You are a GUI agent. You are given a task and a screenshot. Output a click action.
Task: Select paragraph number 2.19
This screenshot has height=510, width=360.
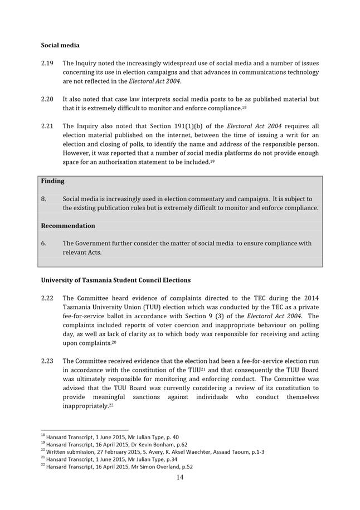(x=47, y=64)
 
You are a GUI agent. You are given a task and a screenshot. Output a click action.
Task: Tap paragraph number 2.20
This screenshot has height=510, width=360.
(x=47, y=99)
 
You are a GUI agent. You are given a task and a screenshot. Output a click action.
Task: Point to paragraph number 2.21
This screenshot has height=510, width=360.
(x=47, y=126)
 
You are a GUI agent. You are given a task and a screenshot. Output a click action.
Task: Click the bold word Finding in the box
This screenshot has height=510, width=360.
(x=53, y=181)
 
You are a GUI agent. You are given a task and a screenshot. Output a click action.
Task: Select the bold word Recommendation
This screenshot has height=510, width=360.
(x=68, y=226)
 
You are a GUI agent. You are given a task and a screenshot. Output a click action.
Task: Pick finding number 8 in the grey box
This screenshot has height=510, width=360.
(x=43, y=199)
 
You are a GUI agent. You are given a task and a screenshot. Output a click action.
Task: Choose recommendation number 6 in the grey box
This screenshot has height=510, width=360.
(x=43, y=244)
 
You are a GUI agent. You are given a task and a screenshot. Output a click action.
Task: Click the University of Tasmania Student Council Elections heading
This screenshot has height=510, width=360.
(x=115, y=280)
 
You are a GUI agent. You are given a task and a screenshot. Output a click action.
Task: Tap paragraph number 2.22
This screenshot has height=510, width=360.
(x=47, y=298)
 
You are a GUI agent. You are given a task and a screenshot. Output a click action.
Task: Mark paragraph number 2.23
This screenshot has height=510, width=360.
(x=47, y=361)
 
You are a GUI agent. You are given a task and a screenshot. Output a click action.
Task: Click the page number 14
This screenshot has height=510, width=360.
(x=180, y=477)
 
